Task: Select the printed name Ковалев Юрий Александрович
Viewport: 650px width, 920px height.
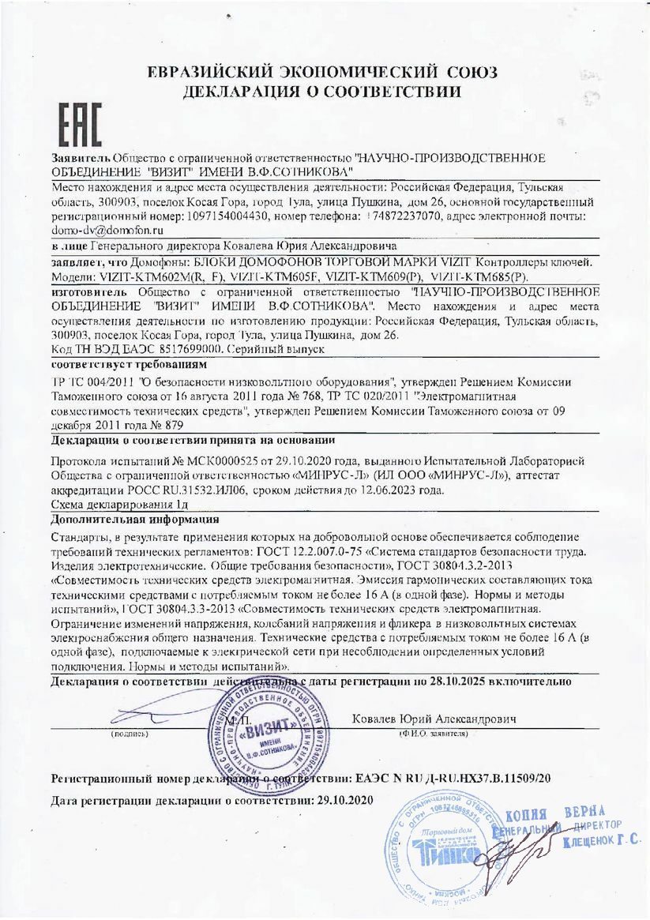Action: tap(434, 719)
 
